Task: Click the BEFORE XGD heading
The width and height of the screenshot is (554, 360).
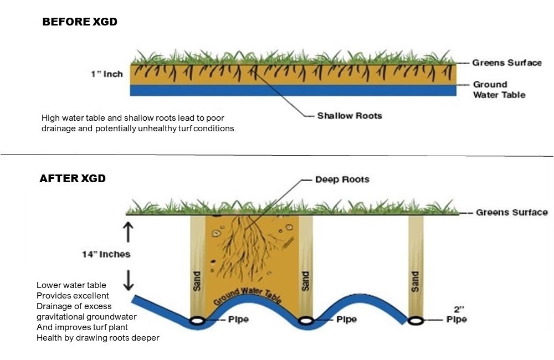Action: click(80, 22)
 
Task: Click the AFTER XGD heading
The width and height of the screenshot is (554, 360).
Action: click(73, 179)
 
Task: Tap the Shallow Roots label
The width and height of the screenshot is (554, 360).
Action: click(349, 116)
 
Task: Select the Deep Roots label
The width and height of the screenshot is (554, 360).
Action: click(342, 179)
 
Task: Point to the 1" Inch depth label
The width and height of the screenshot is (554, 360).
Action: click(107, 74)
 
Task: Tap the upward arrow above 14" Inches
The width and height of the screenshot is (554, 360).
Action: click(129, 231)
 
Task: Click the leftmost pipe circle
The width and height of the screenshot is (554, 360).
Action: click(197, 320)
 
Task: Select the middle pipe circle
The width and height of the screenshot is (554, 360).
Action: click(305, 320)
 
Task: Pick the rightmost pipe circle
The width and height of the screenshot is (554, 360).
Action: click(416, 320)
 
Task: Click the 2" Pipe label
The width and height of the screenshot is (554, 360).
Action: click(457, 315)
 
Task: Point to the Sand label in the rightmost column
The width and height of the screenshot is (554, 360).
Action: click(416, 281)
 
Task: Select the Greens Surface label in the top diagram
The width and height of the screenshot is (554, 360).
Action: click(506, 63)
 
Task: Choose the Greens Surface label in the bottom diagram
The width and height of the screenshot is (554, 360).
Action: click(511, 212)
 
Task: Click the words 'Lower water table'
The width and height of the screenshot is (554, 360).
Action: click(71, 285)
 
